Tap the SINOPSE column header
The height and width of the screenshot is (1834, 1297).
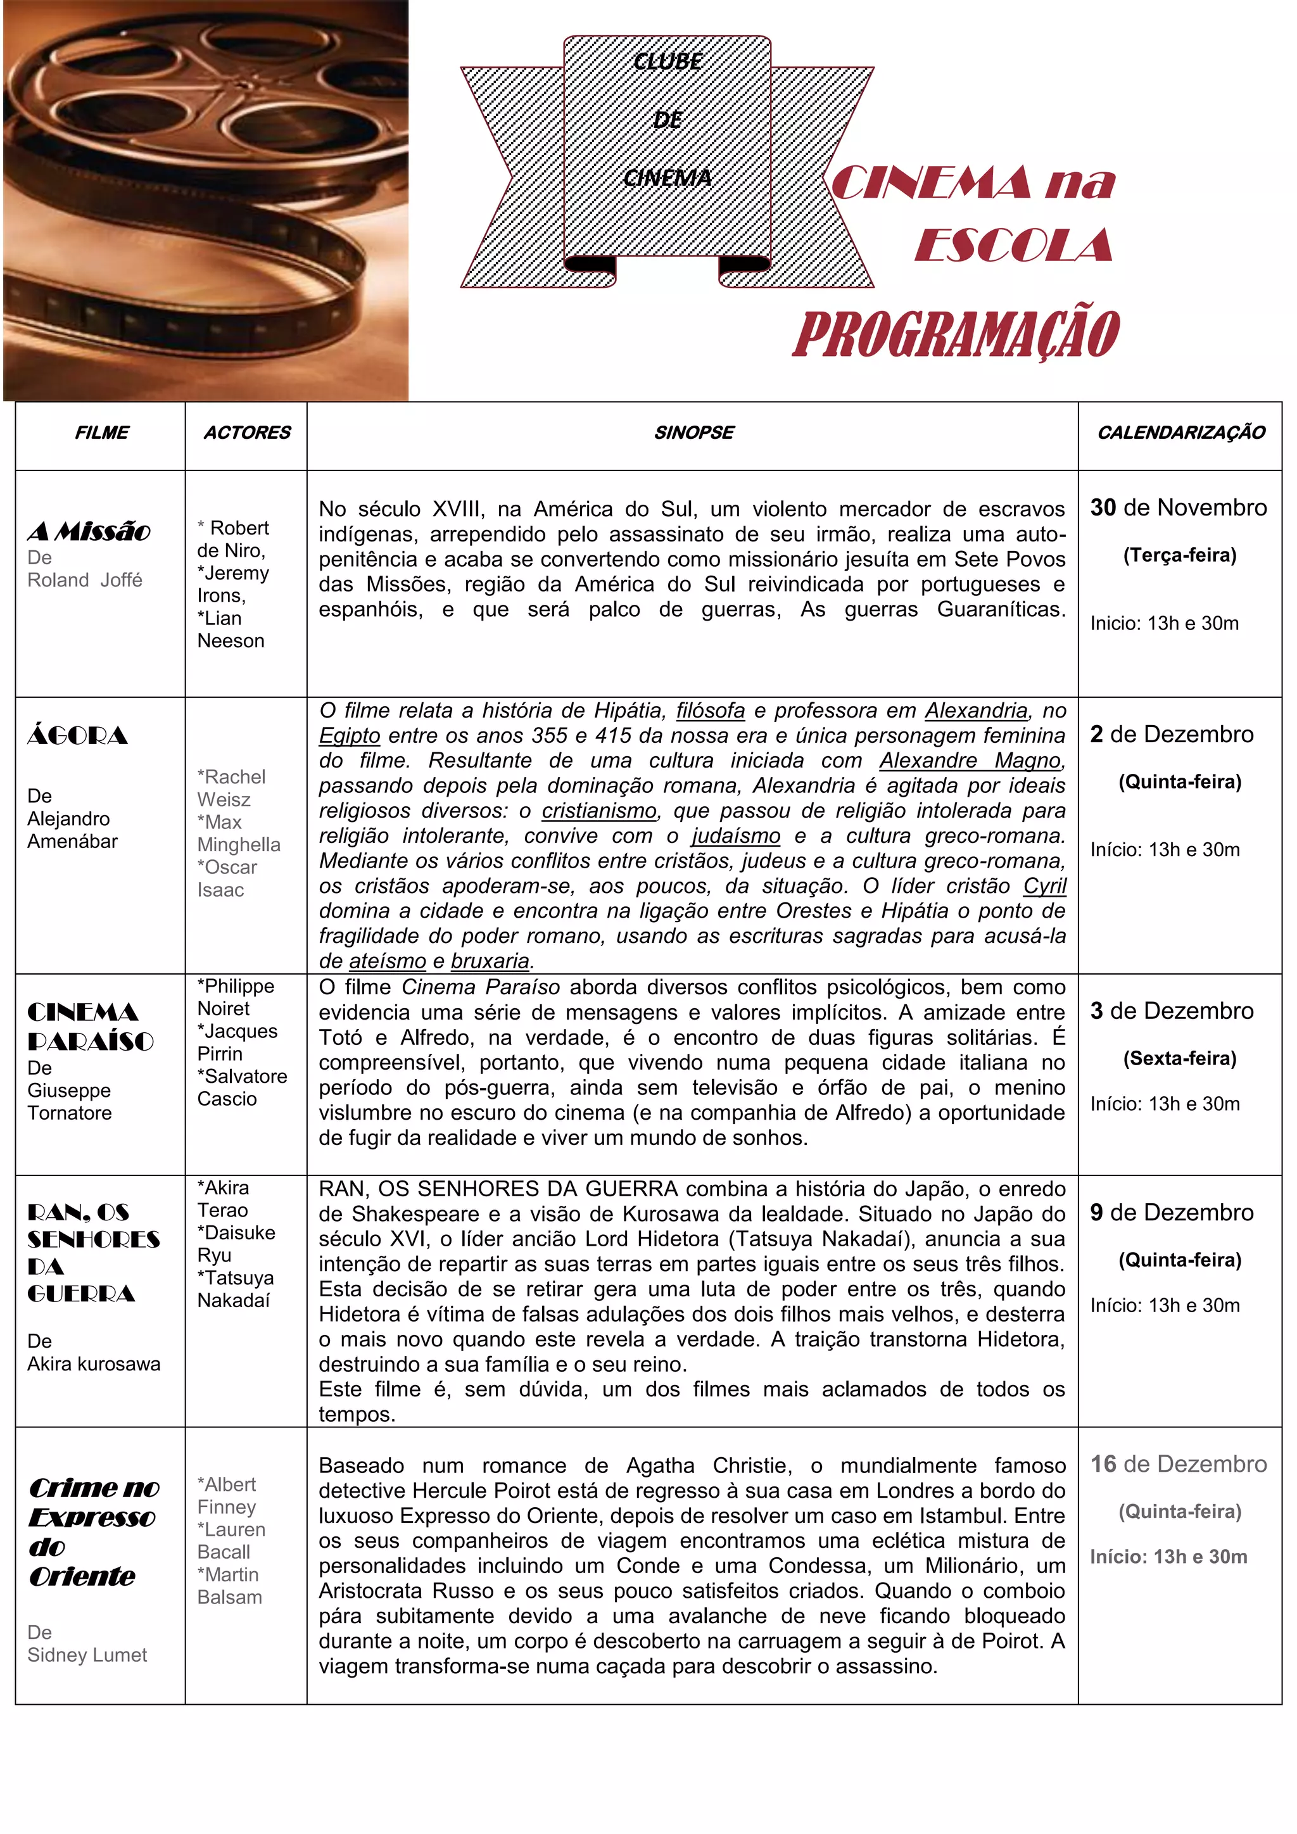pyautogui.click(x=693, y=433)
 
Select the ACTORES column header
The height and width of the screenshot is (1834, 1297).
pyautogui.click(x=247, y=433)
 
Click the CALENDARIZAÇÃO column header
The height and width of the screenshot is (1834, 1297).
pyautogui.click(x=1180, y=433)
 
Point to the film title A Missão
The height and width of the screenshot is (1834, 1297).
pyautogui.click(x=89, y=531)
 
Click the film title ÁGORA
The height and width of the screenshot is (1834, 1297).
pyautogui.click(x=77, y=736)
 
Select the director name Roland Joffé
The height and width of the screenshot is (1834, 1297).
pyautogui.click(x=85, y=580)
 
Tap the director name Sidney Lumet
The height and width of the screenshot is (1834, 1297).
pyautogui.click(x=87, y=1654)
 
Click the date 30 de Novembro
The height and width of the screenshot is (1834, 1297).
pyautogui.click(x=1178, y=507)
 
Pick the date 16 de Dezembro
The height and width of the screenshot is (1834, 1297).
pyautogui.click(x=1178, y=1464)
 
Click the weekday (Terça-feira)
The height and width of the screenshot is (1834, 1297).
pyautogui.click(x=1180, y=555)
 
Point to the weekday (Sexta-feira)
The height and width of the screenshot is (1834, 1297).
pyautogui.click(x=1180, y=1058)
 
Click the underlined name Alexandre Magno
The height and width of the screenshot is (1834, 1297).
pyautogui.click(x=970, y=761)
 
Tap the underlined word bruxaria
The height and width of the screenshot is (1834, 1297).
pyautogui.click(x=490, y=961)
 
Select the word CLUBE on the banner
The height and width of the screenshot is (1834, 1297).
pyautogui.click(x=667, y=62)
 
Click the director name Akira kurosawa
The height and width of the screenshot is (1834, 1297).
pyautogui.click(x=94, y=1363)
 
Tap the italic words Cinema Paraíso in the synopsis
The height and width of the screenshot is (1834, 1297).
pyautogui.click(x=480, y=987)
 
